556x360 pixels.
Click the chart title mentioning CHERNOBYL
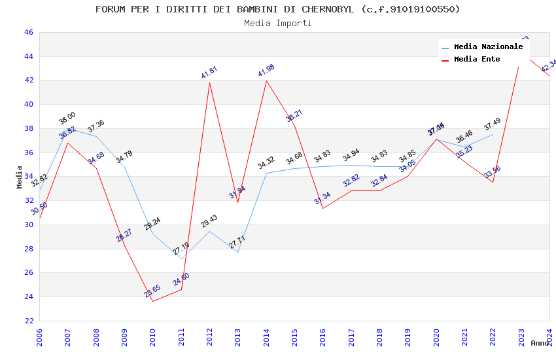(x=278, y=9)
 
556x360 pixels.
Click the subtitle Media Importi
(x=278, y=23)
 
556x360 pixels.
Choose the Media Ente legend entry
(x=477, y=60)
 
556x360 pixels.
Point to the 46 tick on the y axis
(x=28, y=32)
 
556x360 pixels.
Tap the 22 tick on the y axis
(x=28, y=321)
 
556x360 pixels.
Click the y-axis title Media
(x=20, y=177)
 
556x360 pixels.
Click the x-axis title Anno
(x=540, y=343)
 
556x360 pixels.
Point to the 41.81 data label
(x=209, y=72)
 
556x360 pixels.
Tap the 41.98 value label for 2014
(x=266, y=70)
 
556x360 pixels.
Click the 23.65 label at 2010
(x=152, y=291)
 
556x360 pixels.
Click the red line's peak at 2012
(x=209, y=82)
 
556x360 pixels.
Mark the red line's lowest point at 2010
(x=152, y=301)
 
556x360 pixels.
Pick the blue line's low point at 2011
(x=181, y=259)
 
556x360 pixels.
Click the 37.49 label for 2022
(x=493, y=124)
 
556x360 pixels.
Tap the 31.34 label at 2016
(x=322, y=198)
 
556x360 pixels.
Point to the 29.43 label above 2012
(x=209, y=221)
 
